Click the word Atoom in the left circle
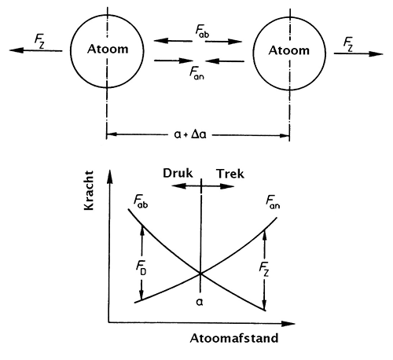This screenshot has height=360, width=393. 108,49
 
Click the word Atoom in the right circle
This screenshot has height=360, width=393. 289,50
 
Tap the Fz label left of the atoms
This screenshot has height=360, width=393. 39,42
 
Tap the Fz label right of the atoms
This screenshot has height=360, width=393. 348,44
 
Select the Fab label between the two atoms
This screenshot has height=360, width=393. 202,31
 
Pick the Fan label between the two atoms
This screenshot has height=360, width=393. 196,72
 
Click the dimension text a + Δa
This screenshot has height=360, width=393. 190,134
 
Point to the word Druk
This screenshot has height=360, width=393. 178,173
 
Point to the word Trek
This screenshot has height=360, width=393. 230,174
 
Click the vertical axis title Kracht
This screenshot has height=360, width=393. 89,190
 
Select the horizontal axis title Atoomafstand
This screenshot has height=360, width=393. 234,338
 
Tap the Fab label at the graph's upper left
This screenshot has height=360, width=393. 141,201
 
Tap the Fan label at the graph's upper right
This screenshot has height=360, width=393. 273,202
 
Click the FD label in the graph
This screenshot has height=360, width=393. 141,268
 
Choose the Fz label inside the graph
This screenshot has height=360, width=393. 264,270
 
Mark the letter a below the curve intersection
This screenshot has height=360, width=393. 200,303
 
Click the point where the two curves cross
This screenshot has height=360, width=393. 200,274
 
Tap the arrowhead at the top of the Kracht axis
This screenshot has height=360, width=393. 110,176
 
